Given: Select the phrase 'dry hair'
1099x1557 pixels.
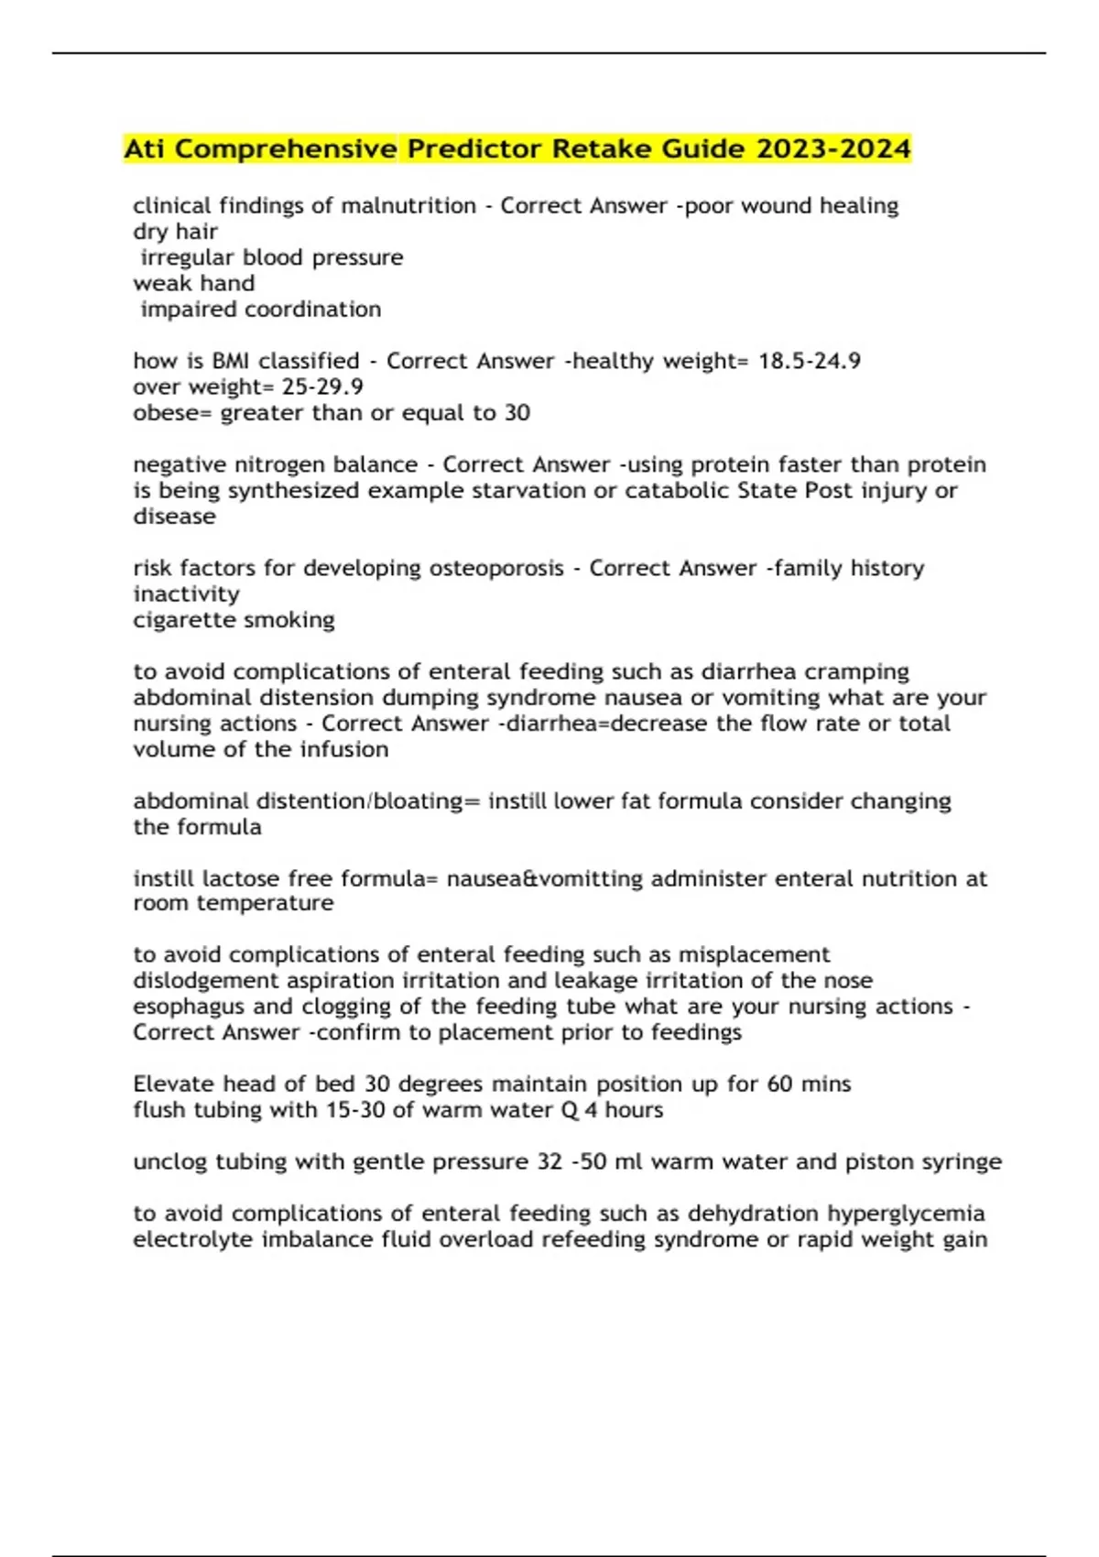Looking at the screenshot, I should tap(175, 232).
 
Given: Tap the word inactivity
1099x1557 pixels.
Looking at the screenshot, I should tap(186, 594).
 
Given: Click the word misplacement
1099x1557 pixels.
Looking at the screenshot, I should tap(754, 954).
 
